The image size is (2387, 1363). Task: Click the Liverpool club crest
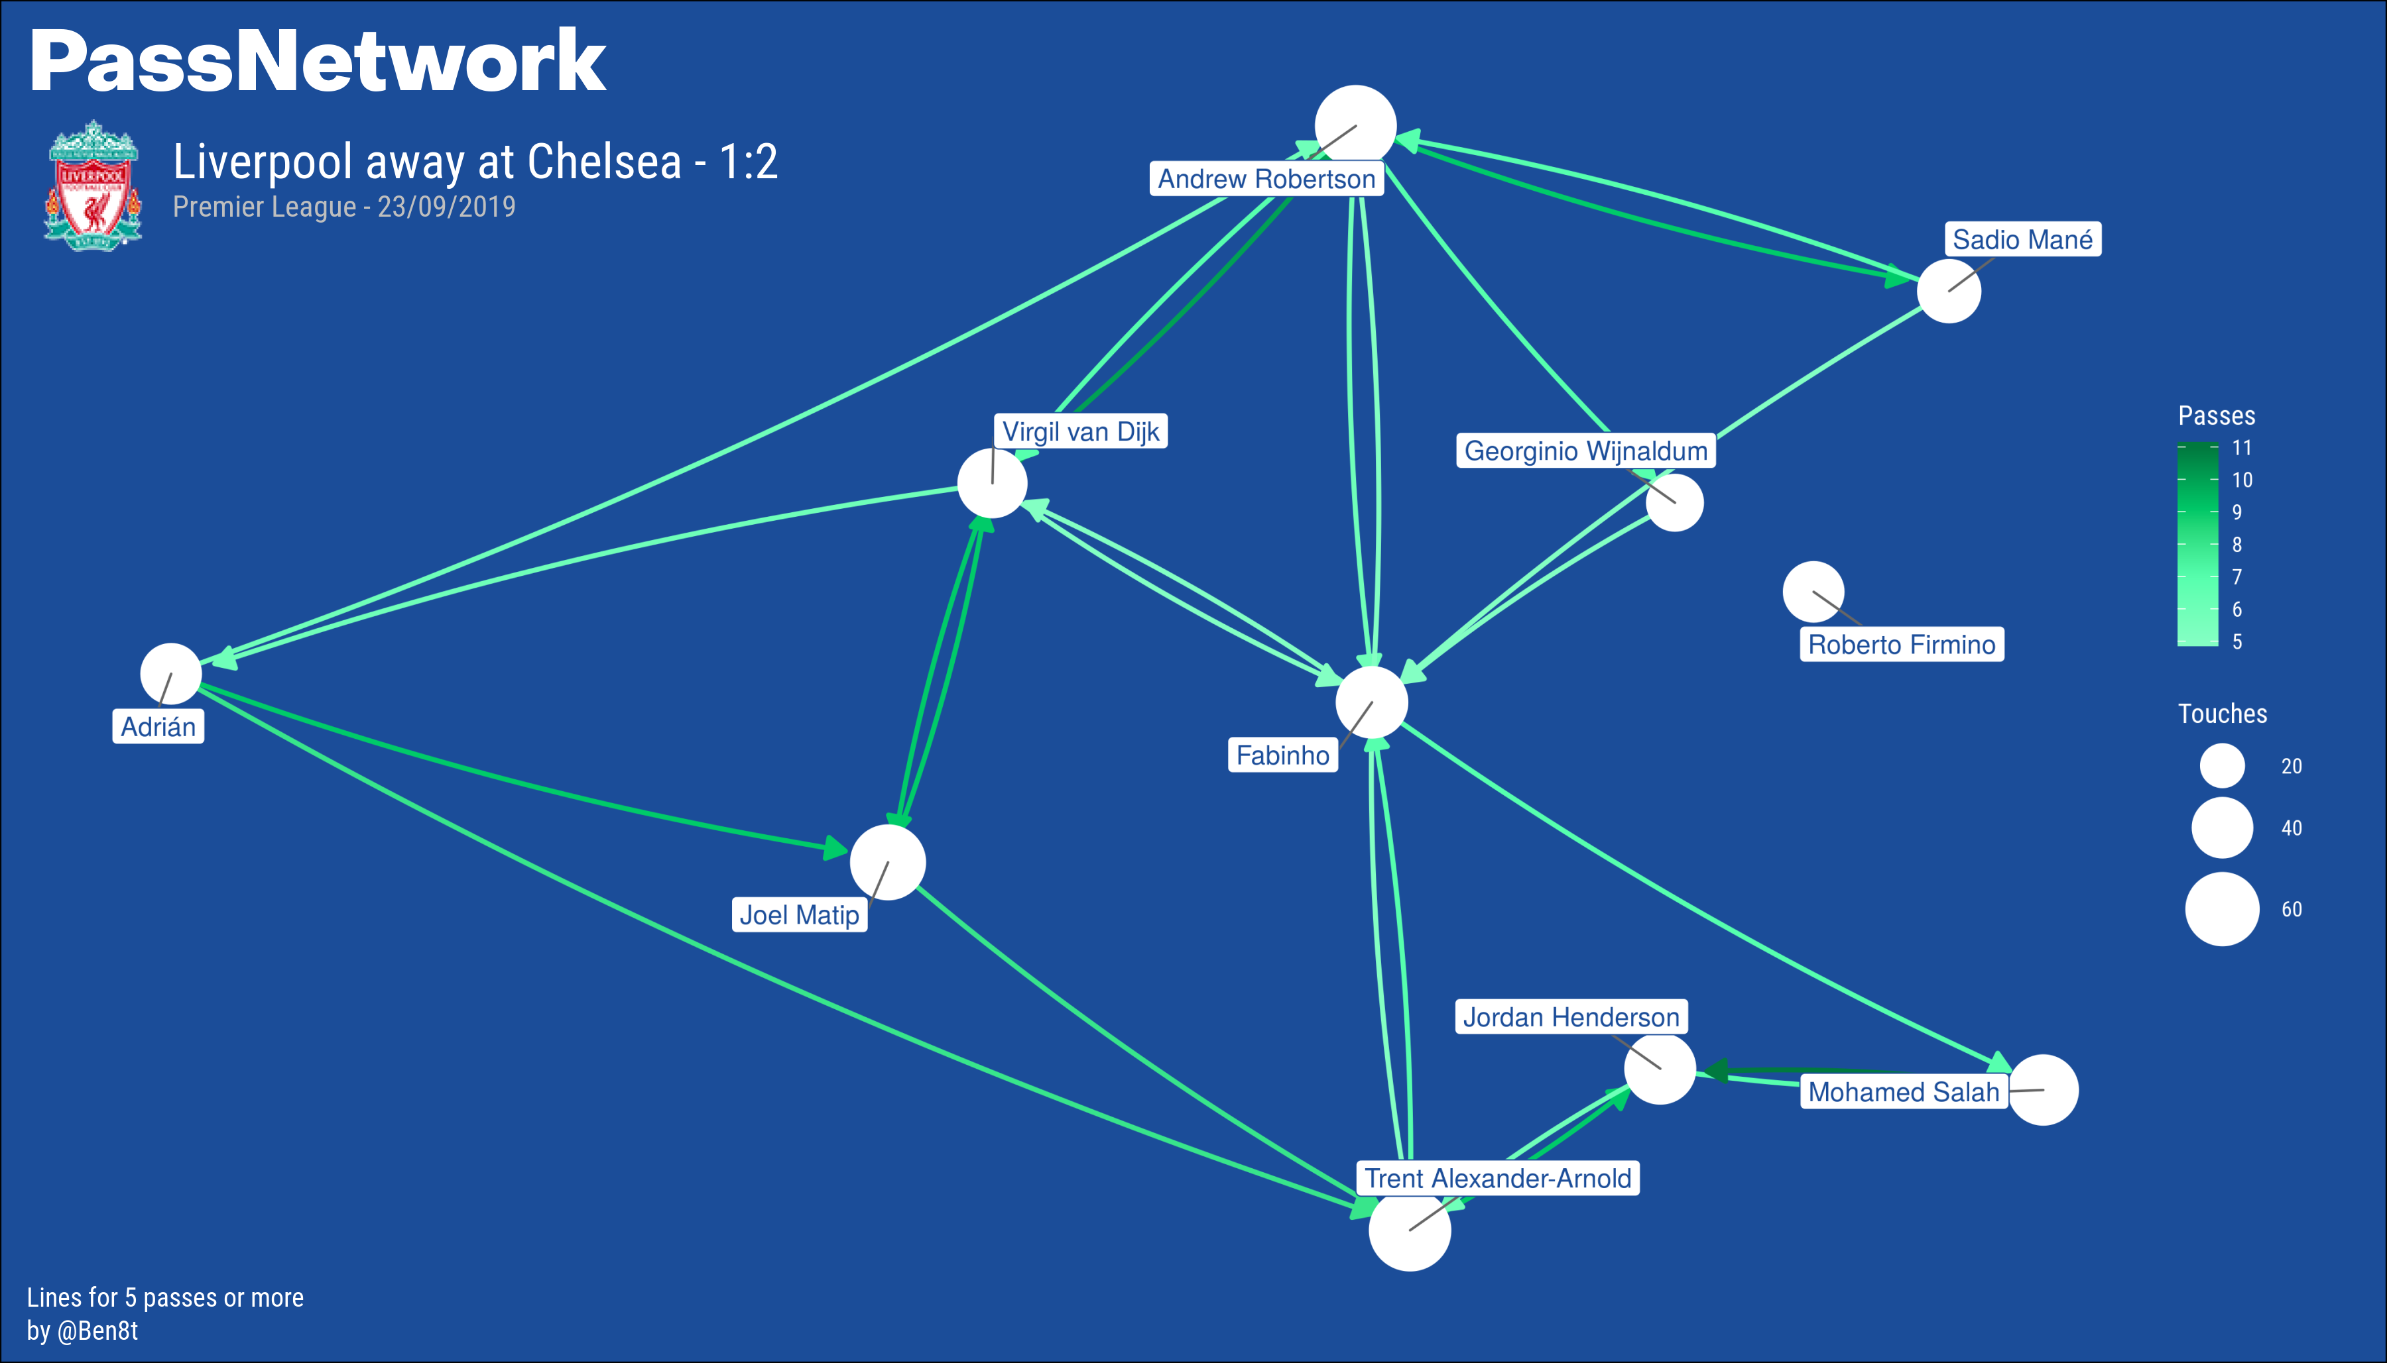pyautogui.click(x=93, y=186)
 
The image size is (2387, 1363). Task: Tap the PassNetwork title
pyautogui.click(x=318, y=62)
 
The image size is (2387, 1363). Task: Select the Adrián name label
pyautogui.click(x=158, y=726)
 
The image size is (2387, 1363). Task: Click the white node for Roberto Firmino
pyautogui.click(x=1813, y=592)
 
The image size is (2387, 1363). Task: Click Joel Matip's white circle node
pyautogui.click(x=887, y=862)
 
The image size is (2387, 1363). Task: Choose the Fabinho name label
pyautogui.click(x=1282, y=755)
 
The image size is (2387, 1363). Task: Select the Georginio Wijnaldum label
pyautogui.click(x=1585, y=451)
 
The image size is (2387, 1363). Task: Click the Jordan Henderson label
pyautogui.click(x=1570, y=1016)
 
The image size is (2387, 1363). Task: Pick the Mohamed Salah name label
pyautogui.click(x=1903, y=1091)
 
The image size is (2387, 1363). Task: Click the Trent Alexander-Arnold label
pyautogui.click(x=1497, y=1177)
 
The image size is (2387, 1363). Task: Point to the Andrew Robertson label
pyautogui.click(x=1266, y=179)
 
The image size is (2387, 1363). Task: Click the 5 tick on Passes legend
pyautogui.click(x=2237, y=642)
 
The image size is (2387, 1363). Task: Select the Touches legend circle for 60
pyautogui.click(x=2221, y=909)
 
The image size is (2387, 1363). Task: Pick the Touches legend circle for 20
pyautogui.click(x=2221, y=766)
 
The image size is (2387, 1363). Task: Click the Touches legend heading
pyautogui.click(x=2221, y=714)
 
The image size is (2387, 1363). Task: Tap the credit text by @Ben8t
pyautogui.click(x=82, y=1331)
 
